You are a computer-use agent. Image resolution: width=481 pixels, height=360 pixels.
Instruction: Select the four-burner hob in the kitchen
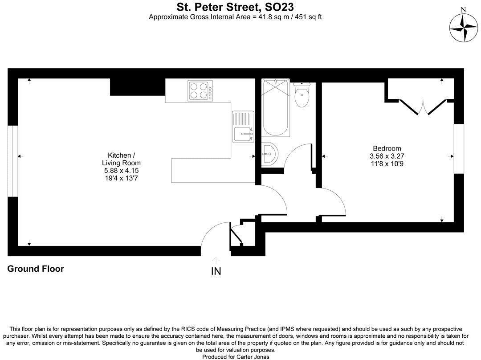pyautogui.click(x=200, y=91)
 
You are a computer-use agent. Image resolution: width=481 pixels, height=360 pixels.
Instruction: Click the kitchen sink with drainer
pyautogui.click(x=243, y=127)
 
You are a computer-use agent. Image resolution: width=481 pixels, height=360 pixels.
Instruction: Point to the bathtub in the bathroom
pyautogui.click(x=276, y=107)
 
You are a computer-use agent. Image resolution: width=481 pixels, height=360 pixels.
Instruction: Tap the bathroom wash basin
pyautogui.click(x=270, y=154)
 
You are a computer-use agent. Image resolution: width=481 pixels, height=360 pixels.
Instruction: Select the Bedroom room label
pyautogui.click(x=387, y=148)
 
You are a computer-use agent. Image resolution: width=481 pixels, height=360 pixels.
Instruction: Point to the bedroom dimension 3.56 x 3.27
pyautogui.click(x=387, y=156)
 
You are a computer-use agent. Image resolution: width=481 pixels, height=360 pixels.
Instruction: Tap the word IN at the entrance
pyautogui.click(x=216, y=271)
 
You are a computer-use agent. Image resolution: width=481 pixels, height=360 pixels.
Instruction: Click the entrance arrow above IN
pyautogui.click(x=216, y=260)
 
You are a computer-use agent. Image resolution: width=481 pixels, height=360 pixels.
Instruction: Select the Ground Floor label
pyautogui.click(x=36, y=269)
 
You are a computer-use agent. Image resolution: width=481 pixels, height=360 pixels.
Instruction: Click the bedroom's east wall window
pyautogui.click(x=459, y=148)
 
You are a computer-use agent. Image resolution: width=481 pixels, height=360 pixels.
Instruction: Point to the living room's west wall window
pyautogui.click(x=13, y=160)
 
